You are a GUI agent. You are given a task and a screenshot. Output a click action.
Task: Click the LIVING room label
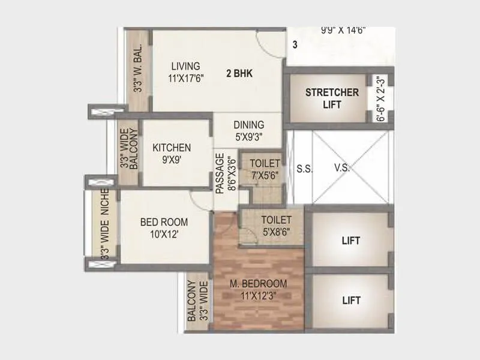click(x=185, y=66)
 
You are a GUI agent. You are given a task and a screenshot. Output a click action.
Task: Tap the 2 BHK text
click(x=239, y=74)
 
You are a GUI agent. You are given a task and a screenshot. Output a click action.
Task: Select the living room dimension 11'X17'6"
click(x=187, y=77)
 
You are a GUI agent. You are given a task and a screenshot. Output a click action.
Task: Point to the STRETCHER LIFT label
click(x=332, y=98)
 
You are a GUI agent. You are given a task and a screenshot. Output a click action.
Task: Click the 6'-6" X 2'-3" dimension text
click(x=380, y=99)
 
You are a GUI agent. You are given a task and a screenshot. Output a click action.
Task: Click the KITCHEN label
click(x=172, y=148)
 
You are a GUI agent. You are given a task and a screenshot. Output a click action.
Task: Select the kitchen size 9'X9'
click(x=172, y=160)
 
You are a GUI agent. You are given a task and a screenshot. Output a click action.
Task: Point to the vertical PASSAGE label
click(x=220, y=173)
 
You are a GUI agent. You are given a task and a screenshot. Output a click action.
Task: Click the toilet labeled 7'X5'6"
click(x=265, y=169)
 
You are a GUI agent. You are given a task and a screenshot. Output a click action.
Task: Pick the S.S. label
click(x=305, y=169)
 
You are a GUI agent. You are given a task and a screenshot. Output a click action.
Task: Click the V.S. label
click(x=342, y=169)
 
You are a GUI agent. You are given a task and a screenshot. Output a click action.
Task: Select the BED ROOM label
click(x=164, y=222)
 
